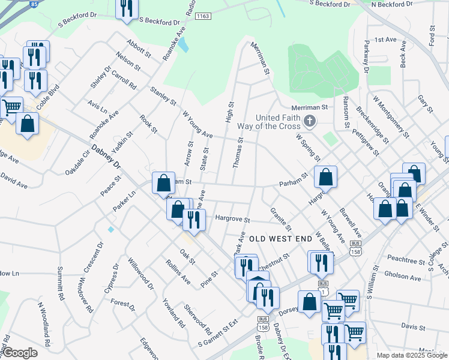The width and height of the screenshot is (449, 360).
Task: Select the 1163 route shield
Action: click(x=202, y=16)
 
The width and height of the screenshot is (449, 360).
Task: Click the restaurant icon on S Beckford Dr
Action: click(x=126, y=8)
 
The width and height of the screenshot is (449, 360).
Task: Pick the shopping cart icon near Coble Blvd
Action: click(x=11, y=107)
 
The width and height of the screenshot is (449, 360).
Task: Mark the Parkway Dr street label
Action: click(x=366, y=56)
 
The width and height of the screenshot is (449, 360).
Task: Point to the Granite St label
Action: click(x=280, y=220)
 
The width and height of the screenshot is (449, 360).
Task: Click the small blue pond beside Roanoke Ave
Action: click(x=183, y=44)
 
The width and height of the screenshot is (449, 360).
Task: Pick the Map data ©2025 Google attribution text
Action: click(x=412, y=355)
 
